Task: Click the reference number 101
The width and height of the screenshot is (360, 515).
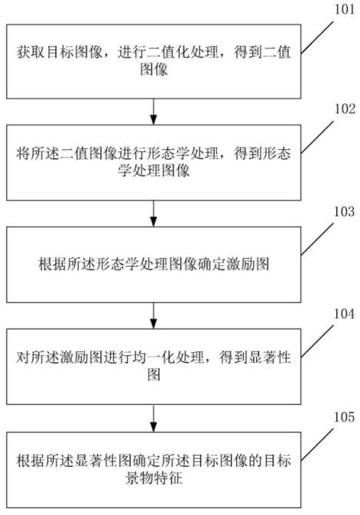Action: [x=345, y=9]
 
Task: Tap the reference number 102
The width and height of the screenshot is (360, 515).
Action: [x=345, y=109]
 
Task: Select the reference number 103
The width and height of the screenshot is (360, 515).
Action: [x=345, y=211]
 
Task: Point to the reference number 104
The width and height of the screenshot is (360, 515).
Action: [x=345, y=314]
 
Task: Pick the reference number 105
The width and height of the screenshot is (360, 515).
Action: [x=345, y=417]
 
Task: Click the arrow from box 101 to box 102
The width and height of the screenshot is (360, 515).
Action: [x=154, y=111]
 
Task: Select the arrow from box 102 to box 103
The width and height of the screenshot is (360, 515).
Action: [x=154, y=213]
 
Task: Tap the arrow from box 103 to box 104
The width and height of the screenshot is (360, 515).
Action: [x=154, y=315]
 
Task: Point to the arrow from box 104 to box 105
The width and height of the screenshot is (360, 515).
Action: [x=154, y=418]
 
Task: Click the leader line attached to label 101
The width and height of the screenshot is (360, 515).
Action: [x=317, y=37]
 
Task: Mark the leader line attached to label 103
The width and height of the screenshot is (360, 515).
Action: [x=317, y=239]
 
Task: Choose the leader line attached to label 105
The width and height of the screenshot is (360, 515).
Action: [x=317, y=445]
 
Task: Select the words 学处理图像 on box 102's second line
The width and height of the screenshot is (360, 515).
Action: [x=154, y=171]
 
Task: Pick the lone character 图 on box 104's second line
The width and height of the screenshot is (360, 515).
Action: [x=154, y=374]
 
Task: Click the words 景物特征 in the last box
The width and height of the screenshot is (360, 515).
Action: [x=154, y=477]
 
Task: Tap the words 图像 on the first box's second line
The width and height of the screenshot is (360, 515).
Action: [x=154, y=69]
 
